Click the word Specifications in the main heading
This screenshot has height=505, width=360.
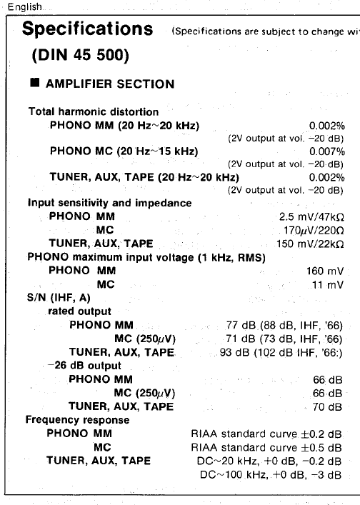tap(88, 30)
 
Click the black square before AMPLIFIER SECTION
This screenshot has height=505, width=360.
tap(34, 84)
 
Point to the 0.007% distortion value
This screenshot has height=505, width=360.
tap(327, 151)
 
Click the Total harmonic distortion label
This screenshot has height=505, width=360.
tap(94, 112)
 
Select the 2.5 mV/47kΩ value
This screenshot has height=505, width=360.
tap(311, 216)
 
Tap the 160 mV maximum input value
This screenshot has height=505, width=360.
tap(324, 271)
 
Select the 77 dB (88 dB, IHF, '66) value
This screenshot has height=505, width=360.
tap(284, 325)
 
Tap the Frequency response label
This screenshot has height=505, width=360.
tap(77, 420)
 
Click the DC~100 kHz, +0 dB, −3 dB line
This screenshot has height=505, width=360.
tap(270, 474)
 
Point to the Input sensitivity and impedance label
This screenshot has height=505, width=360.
tap(109, 203)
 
